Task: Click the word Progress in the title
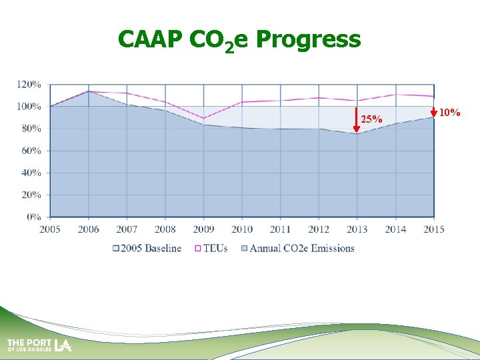[307, 39]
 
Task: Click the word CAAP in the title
[151, 39]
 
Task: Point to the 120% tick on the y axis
[29, 85]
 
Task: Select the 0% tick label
[33, 217]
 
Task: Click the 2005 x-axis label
[50, 229]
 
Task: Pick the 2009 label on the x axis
[203, 229]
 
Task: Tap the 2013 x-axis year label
[357, 229]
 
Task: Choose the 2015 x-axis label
[434, 229]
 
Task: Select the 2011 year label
[280, 229]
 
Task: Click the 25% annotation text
[371, 119]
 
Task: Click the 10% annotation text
[449, 113]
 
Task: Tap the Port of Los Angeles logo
[39, 345]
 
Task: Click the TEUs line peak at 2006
[89, 91]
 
